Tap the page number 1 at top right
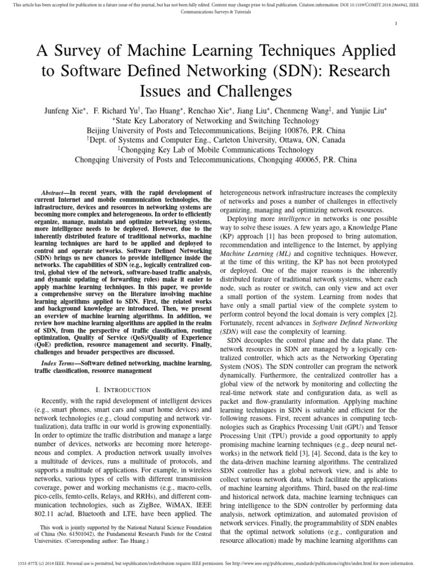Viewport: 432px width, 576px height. click(x=398, y=23)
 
